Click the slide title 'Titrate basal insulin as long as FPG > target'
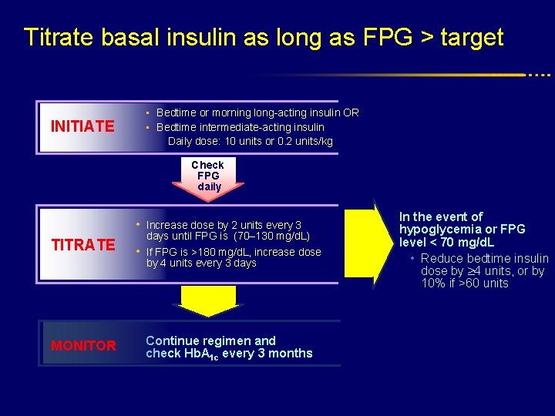[x=264, y=37]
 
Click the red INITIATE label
[x=82, y=126]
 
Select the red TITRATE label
[x=82, y=245]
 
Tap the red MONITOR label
[x=83, y=346]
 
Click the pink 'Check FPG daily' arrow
[x=208, y=177]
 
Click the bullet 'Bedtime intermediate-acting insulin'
[x=240, y=127]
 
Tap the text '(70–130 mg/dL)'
[x=274, y=236]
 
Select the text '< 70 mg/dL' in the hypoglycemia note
[x=463, y=243]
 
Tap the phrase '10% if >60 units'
[x=465, y=283]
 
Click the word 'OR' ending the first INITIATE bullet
[x=351, y=113]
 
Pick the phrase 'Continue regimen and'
[x=210, y=341]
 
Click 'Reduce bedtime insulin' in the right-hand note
[x=485, y=259]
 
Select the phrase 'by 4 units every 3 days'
[x=201, y=263]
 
